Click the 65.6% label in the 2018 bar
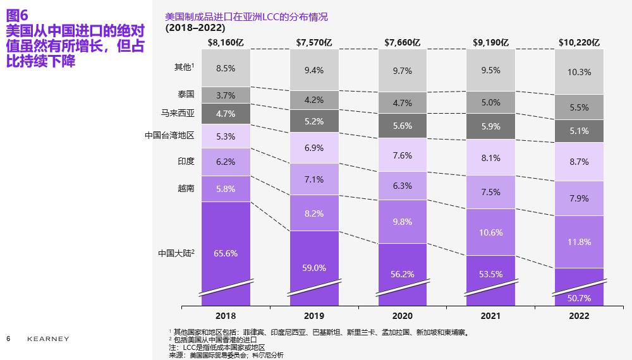(226, 253)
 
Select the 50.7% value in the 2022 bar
(579, 297)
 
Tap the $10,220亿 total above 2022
(579, 42)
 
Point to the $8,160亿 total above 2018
(226, 42)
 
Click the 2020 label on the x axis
(403, 316)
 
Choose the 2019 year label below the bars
(314, 316)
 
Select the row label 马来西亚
(178, 114)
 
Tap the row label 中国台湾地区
(169, 135)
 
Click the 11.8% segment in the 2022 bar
(579, 242)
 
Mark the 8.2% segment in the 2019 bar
(314, 213)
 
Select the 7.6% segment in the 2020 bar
(403, 155)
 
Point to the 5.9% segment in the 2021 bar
(491, 126)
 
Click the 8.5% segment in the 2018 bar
(226, 68)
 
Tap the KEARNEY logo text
(48, 339)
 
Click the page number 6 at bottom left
(8, 339)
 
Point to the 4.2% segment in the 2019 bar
(314, 100)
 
